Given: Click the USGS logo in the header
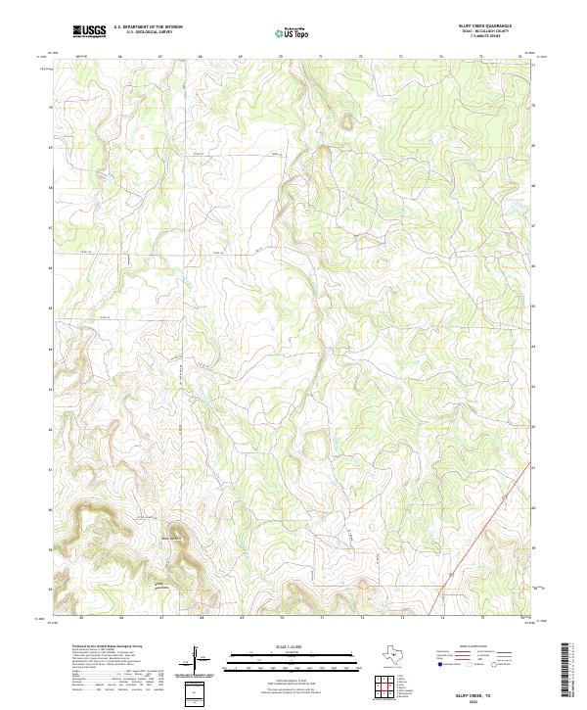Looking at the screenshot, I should point(89,31).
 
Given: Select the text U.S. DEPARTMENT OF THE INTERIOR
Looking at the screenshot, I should point(148,27).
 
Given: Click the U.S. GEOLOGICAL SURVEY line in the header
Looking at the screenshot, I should point(142,32).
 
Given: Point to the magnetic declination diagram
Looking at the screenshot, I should point(195,655).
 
